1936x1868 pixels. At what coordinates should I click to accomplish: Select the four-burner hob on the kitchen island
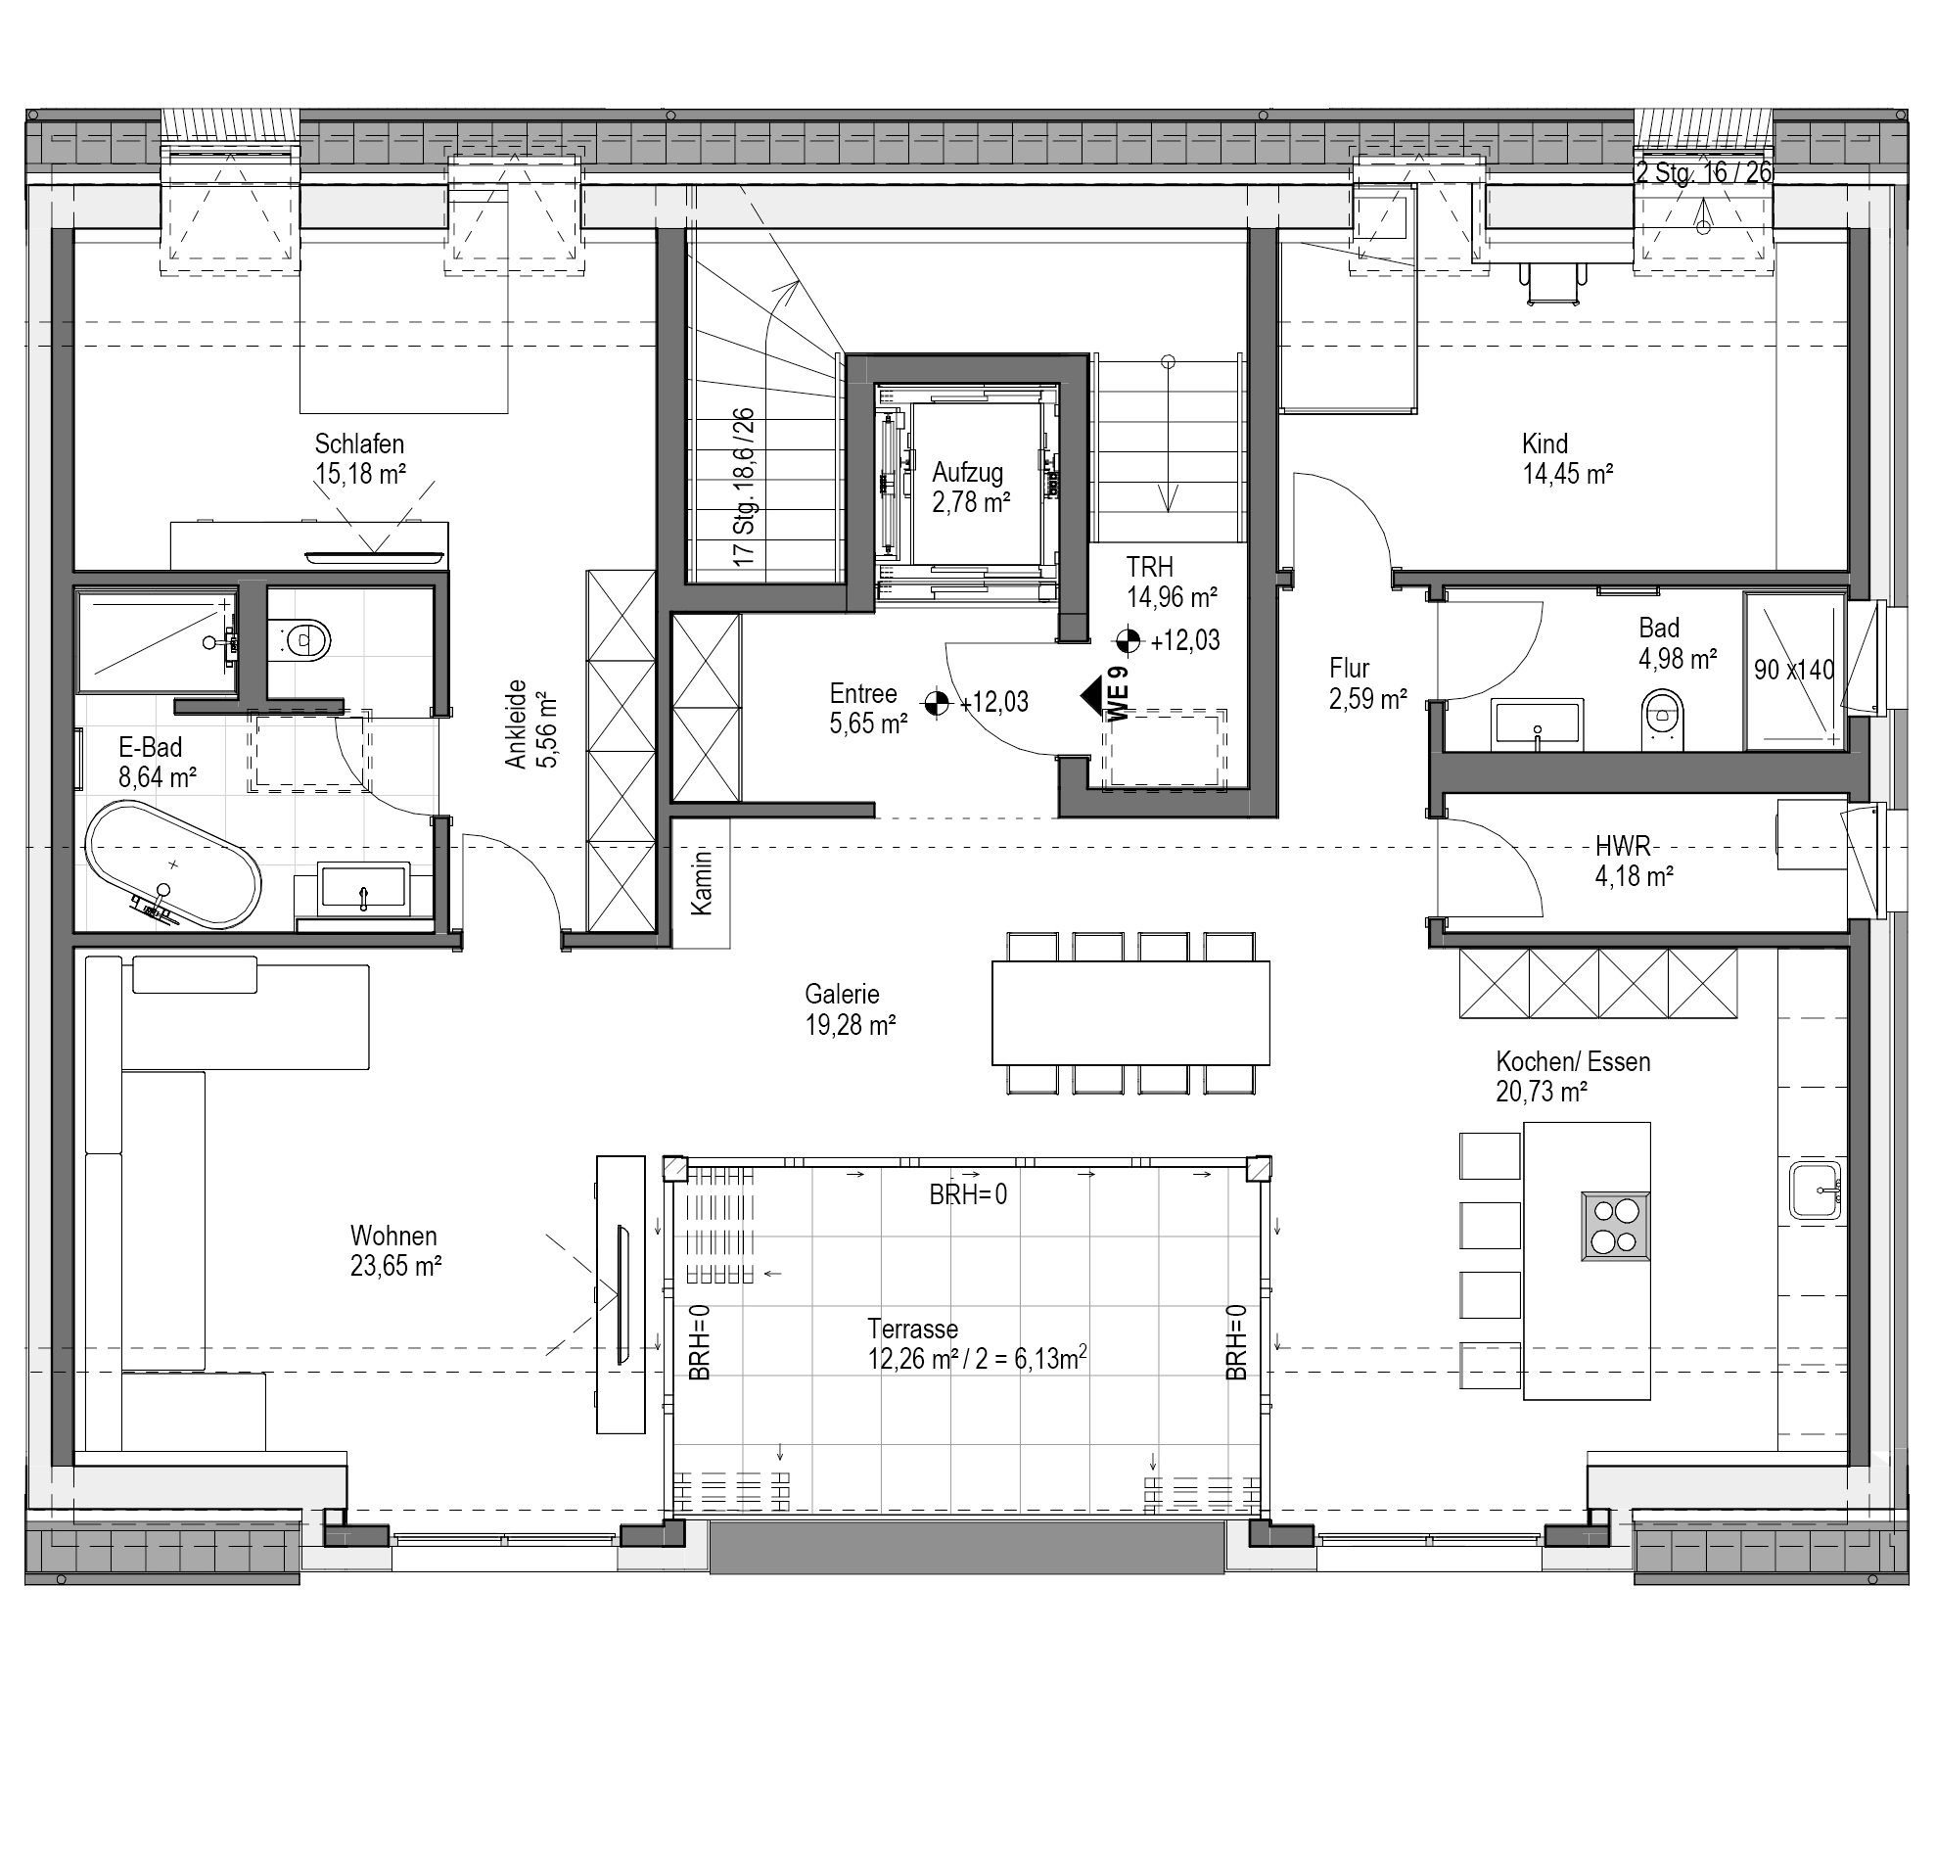click(1615, 1226)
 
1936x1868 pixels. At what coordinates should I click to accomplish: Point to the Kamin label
click(702, 881)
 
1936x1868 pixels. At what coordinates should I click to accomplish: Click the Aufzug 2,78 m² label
click(971, 487)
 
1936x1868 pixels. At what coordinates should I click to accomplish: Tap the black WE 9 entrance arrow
click(1092, 695)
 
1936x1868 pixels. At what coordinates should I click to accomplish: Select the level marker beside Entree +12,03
click(936, 702)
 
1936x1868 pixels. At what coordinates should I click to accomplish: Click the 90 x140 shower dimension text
click(1794, 670)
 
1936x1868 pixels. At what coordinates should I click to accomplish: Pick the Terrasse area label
click(977, 1343)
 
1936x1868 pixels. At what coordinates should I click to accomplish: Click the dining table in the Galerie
click(1131, 1012)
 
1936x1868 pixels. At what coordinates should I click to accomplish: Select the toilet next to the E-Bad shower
click(303, 641)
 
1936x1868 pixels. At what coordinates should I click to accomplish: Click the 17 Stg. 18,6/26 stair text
click(744, 488)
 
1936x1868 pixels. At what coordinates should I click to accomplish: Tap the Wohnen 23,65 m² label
click(395, 1250)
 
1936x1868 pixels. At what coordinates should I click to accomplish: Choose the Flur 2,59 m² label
click(1367, 683)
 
